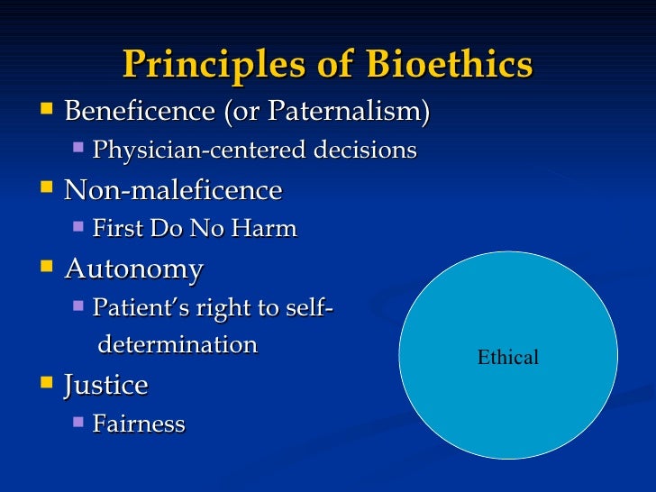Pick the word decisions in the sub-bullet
pos(364,150)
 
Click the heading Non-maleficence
pos(173,190)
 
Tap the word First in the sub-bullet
pos(114,229)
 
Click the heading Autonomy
pos(133,269)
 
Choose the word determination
pos(178,344)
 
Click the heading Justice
pos(105,386)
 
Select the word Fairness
pos(139,424)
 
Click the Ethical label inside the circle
pos(507,357)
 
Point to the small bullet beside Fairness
pos(78,422)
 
